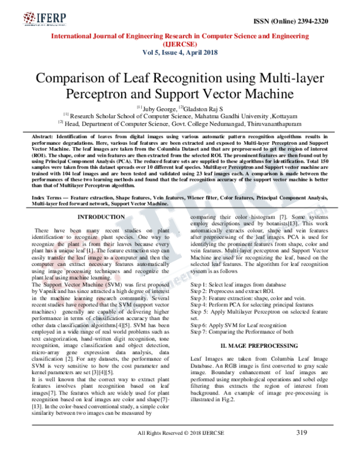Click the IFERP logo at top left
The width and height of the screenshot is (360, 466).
pyautogui.click(x=35, y=14)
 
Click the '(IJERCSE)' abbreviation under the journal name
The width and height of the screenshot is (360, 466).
pyautogui.click(x=179, y=44)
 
